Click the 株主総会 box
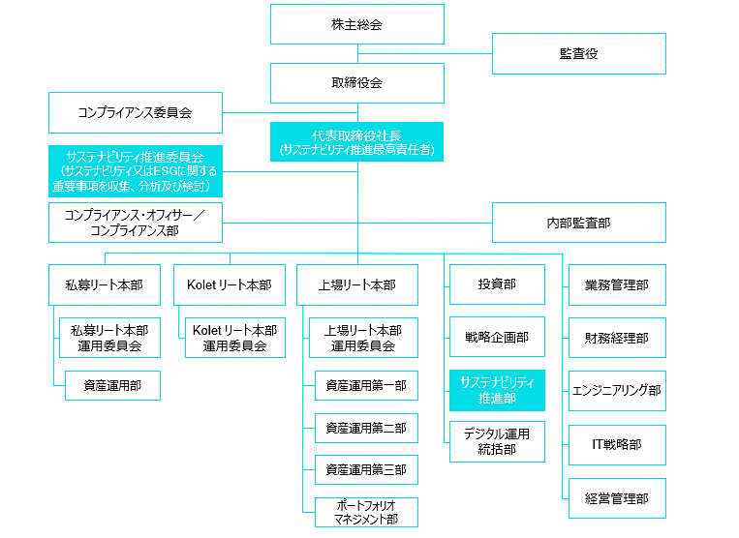pos(357,24)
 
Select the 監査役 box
pos(579,53)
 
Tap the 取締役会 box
pos(357,83)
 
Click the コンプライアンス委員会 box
pos(136,112)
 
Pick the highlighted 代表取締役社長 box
pos(356,142)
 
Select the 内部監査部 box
pos(579,223)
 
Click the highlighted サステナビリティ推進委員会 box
pos(136,171)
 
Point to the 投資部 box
pos(497,284)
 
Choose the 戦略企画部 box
pos(497,337)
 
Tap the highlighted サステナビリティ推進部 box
pos(497,390)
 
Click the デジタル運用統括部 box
pos(497,441)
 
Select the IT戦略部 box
pos(617,445)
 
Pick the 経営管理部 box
pos(617,498)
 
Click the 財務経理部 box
pos(617,338)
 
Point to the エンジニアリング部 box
pos(617,391)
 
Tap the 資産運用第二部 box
pos(366,429)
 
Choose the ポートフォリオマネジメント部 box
pos(366,512)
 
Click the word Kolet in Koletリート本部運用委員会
pos(207,330)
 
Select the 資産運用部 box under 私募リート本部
pos(112,385)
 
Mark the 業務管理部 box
pos(617,284)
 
